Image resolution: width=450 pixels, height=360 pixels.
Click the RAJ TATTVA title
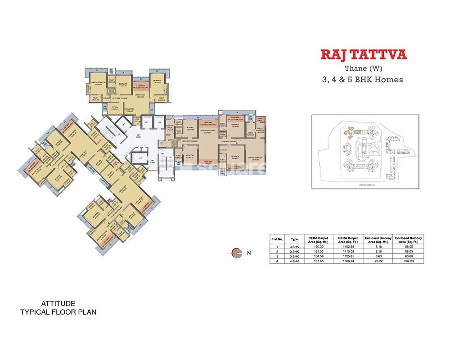coord(364,55)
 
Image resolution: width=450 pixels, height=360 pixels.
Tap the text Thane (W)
coord(363,69)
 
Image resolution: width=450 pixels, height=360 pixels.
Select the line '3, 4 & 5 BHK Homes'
coord(362,80)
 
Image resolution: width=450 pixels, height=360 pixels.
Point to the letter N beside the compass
coord(249,253)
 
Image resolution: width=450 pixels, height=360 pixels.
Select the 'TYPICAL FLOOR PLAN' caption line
coord(58,312)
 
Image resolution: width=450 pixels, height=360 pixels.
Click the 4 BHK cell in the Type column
coord(294,261)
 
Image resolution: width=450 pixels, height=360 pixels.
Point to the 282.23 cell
coord(409,261)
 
